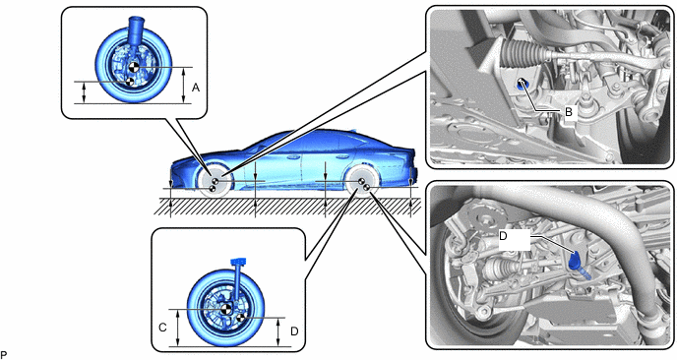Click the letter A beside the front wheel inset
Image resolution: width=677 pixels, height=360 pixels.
tap(196, 88)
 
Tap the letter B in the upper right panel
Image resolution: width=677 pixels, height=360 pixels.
tap(569, 112)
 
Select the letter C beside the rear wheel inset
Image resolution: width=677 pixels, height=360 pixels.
tap(162, 328)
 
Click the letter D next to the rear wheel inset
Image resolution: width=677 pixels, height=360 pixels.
tap(294, 331)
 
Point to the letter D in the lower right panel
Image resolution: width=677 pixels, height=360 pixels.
tap(503, 236)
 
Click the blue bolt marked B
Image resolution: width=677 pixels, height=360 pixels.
tap(522, 84)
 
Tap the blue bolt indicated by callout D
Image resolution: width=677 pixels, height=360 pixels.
tap(576, 262)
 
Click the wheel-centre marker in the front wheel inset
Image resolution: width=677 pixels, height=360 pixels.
tap(134, 67)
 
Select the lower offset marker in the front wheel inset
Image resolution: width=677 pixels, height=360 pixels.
tap(128, 82)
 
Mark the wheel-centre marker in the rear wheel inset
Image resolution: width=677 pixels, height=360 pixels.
tap(225, 309)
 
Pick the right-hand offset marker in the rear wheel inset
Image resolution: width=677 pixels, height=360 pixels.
tap(240, 318)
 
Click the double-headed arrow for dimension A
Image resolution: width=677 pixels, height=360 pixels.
tap(184, 86)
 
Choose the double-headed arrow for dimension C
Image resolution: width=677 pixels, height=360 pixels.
tap(178, 328)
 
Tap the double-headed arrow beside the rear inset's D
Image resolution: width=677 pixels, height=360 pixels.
tap(278, 331)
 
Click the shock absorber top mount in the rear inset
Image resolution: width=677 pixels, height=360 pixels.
tap(238, 262)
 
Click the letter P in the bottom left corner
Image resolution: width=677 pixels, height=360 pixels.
tap(4, 355)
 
